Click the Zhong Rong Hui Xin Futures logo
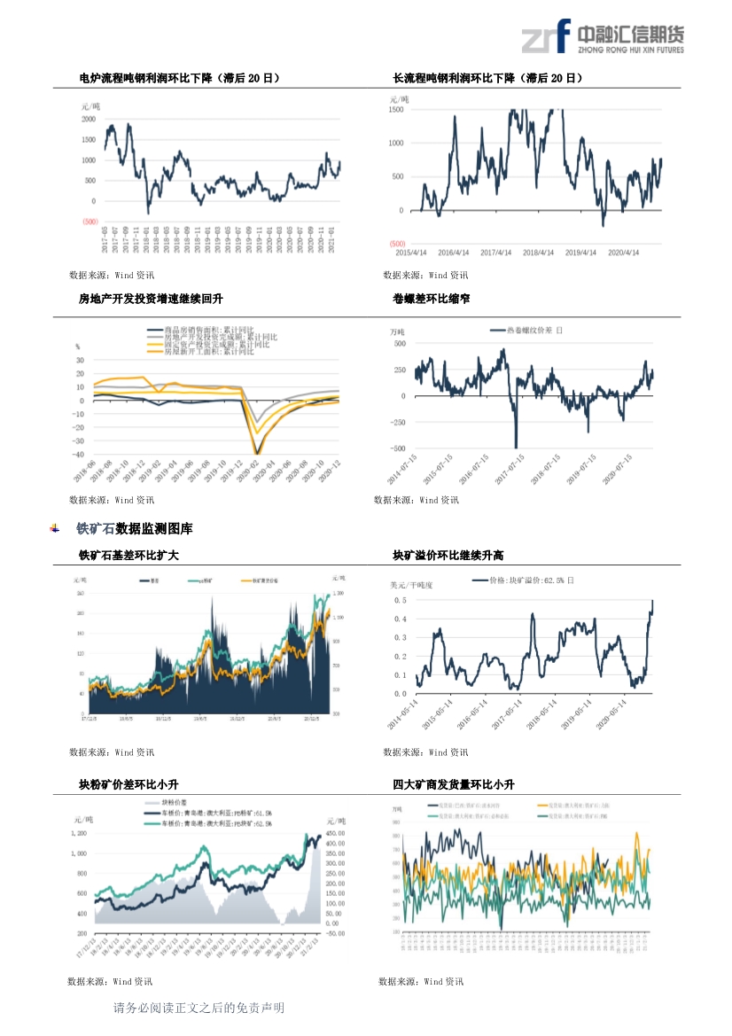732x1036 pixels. [x=602, y=37]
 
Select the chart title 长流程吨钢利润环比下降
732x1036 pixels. [x=487, y=79]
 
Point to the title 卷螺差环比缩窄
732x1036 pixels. [x=431, y=299]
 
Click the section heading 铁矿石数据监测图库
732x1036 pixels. [x=134, y=529]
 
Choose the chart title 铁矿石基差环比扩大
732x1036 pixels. [x=129, y=556]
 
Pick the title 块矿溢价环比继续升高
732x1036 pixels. [x=448, y=556]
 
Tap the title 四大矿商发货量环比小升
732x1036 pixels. [x=454, y=785]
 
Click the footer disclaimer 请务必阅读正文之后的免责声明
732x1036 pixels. [x=199, y=1009]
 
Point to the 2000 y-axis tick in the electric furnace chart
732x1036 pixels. [x=89, y=119]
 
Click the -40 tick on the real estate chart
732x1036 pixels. [x=80, y=454]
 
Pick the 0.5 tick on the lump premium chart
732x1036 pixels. [x=401, y=600]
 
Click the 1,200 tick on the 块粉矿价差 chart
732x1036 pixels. [x=79, y=834]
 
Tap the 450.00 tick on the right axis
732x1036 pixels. [x=336, y=834]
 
